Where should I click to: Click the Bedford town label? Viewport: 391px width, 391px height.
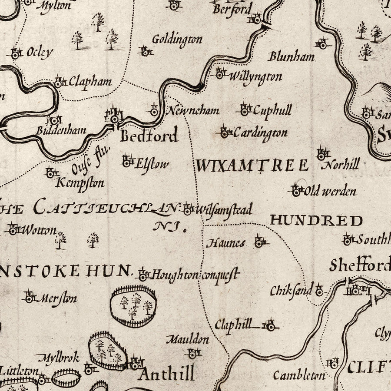point(149,136)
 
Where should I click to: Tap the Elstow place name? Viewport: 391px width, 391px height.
point(151,164)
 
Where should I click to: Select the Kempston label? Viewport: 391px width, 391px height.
point(80,183)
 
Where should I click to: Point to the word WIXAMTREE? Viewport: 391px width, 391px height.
point(252,166)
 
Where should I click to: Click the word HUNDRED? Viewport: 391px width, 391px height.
point(316,221)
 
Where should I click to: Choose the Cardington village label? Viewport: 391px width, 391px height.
point(260,133)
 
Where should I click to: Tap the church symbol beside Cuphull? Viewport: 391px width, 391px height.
point(245,110)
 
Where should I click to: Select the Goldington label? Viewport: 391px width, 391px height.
point(177,40)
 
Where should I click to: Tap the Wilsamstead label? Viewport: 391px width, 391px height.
point(223,210)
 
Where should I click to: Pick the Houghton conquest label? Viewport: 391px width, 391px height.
point(196,274)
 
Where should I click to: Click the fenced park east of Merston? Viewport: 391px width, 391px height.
point(133,305)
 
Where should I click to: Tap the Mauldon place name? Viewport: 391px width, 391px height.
point(187,339)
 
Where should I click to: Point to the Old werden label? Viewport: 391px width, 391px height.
point(330,191)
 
